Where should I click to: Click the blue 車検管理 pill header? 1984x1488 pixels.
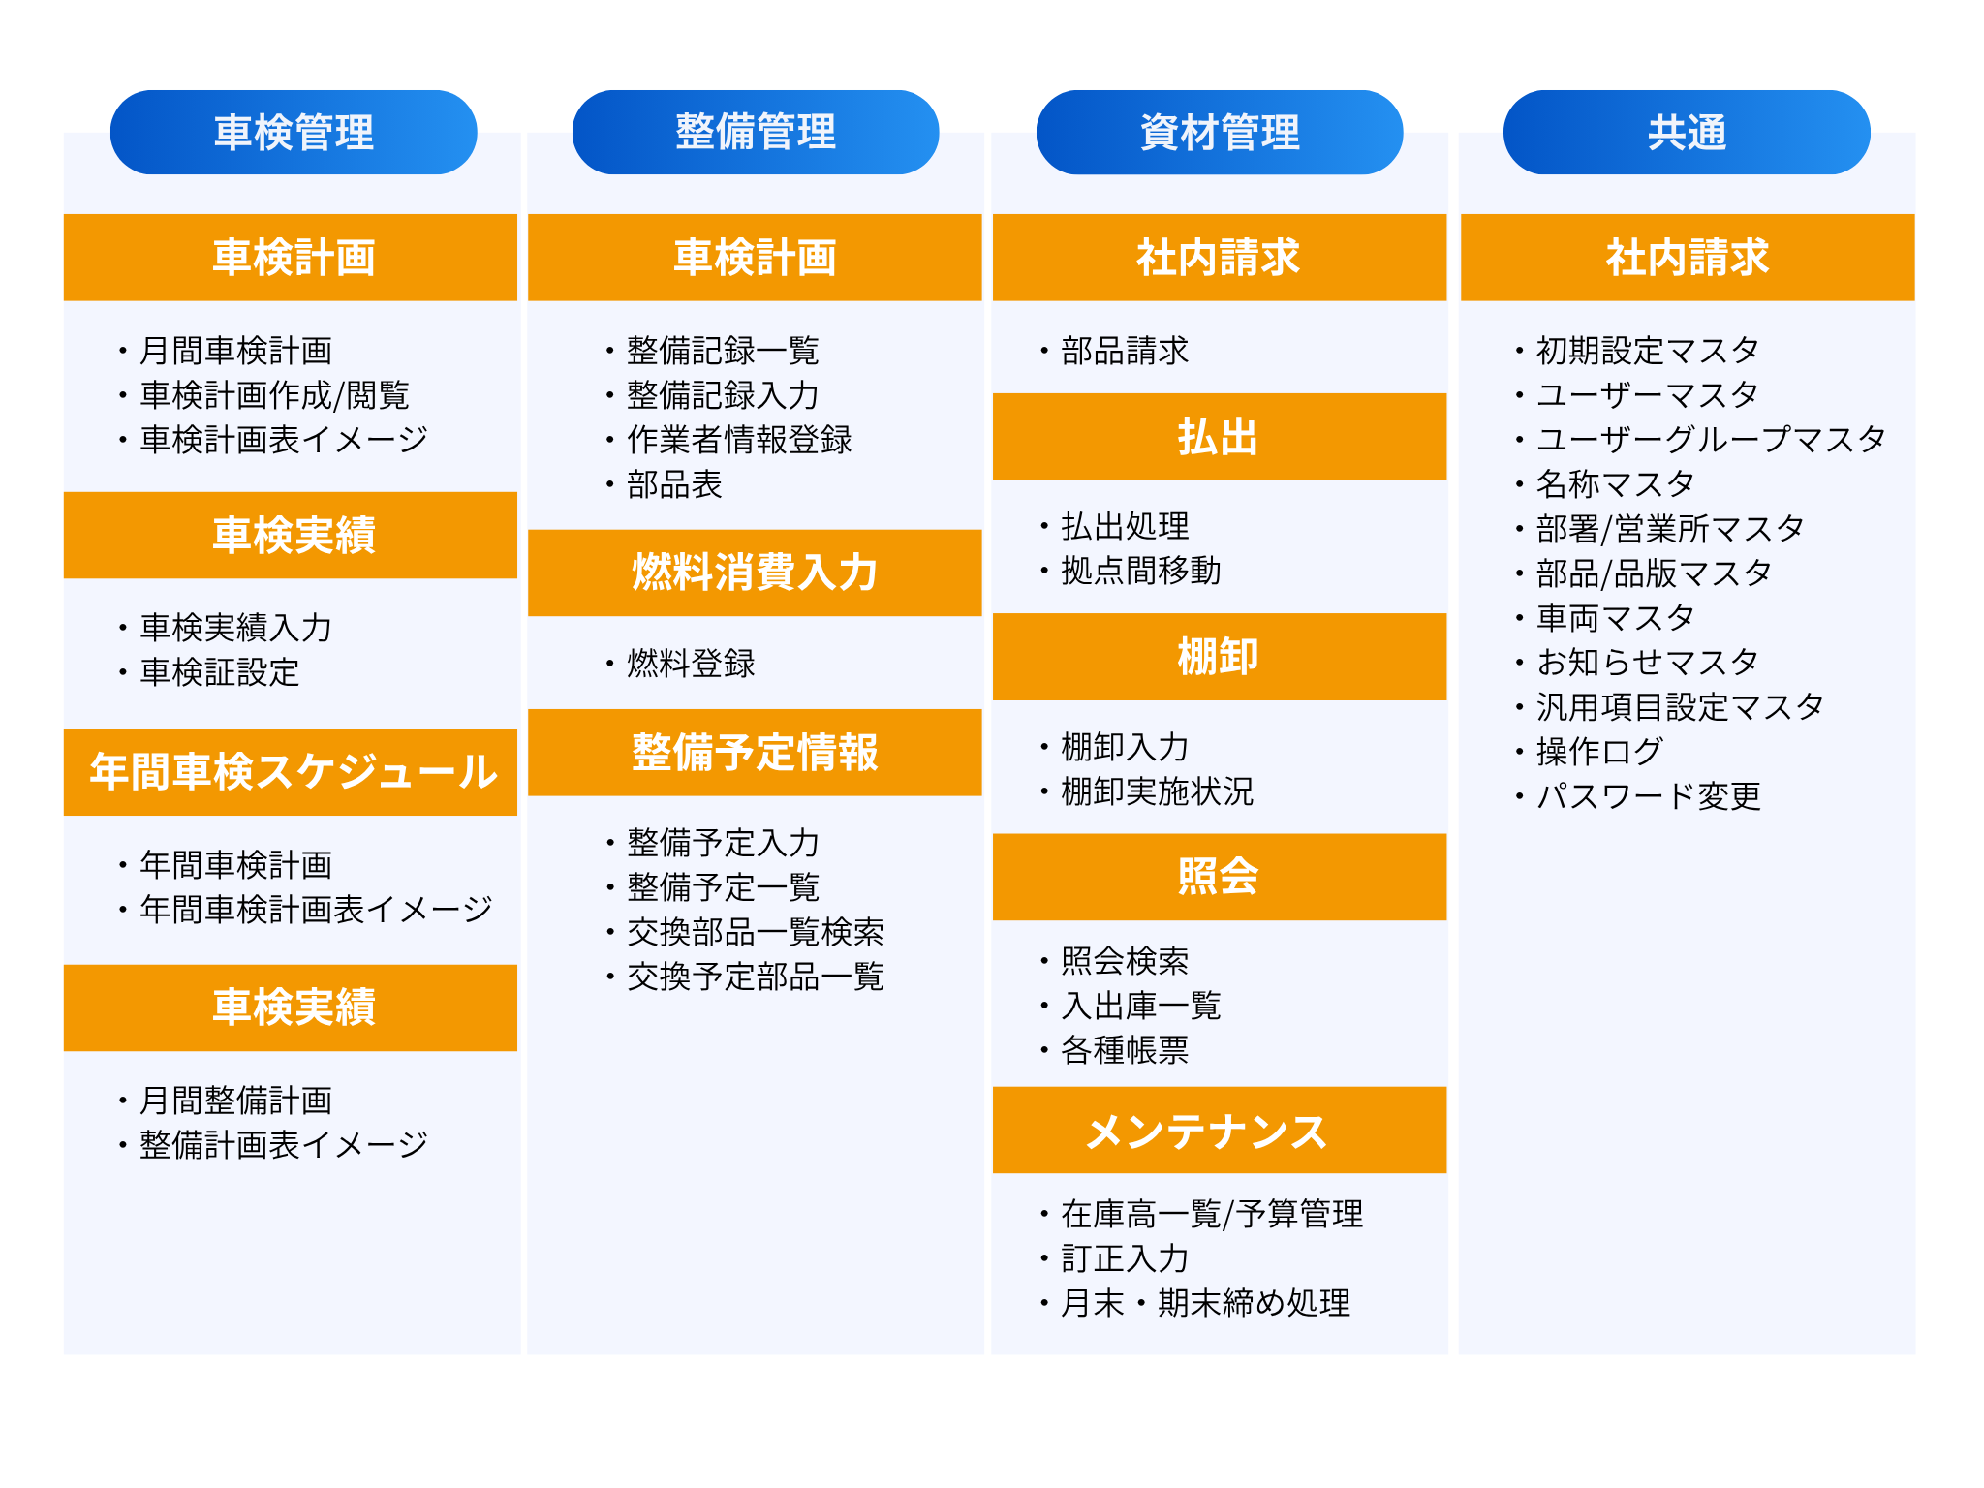pos(294,133)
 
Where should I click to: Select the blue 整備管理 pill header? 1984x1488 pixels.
pos(756,133)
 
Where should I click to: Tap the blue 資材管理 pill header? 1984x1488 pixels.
pos(1220,133)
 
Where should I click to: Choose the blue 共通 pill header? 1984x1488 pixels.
pos(1687,133)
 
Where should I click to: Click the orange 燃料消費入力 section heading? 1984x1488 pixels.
pos(755,573)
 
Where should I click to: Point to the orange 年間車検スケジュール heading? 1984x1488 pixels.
pos(291,772)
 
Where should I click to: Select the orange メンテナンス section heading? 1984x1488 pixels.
pos(1220,1131)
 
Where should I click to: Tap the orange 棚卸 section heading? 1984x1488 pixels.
pos(1220,657)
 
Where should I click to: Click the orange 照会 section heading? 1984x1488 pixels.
pos(1220,877)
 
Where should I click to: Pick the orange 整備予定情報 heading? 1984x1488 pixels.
pos(755,753)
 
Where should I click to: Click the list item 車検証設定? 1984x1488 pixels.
pos(220,672)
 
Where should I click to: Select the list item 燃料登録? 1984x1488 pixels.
pos(691,664)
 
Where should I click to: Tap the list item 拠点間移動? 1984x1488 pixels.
pos(1141,571)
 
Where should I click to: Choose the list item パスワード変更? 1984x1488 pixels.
pos(1649,796)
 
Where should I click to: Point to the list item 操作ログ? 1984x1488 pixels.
pos(1600,751)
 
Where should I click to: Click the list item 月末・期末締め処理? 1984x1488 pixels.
pos(1206,1303)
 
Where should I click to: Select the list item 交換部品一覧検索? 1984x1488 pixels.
pos(756,932)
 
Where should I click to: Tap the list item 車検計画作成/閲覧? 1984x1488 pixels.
pos(275,395)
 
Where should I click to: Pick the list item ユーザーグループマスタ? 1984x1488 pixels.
pos(1711,439)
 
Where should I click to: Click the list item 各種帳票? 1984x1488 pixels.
pos(1125,1049)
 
